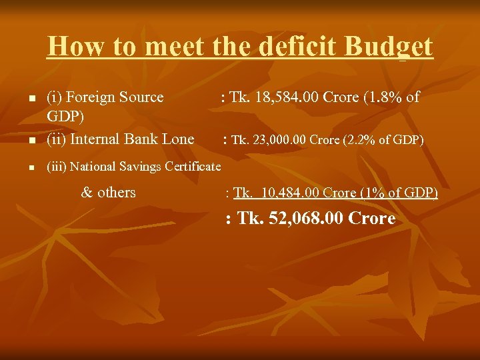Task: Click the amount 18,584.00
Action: click(285, 97)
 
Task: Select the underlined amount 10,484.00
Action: click(291, 193)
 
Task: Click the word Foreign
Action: click(94, 97)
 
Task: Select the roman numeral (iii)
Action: click(56, 166)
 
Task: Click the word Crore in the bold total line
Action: click(371, 219)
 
